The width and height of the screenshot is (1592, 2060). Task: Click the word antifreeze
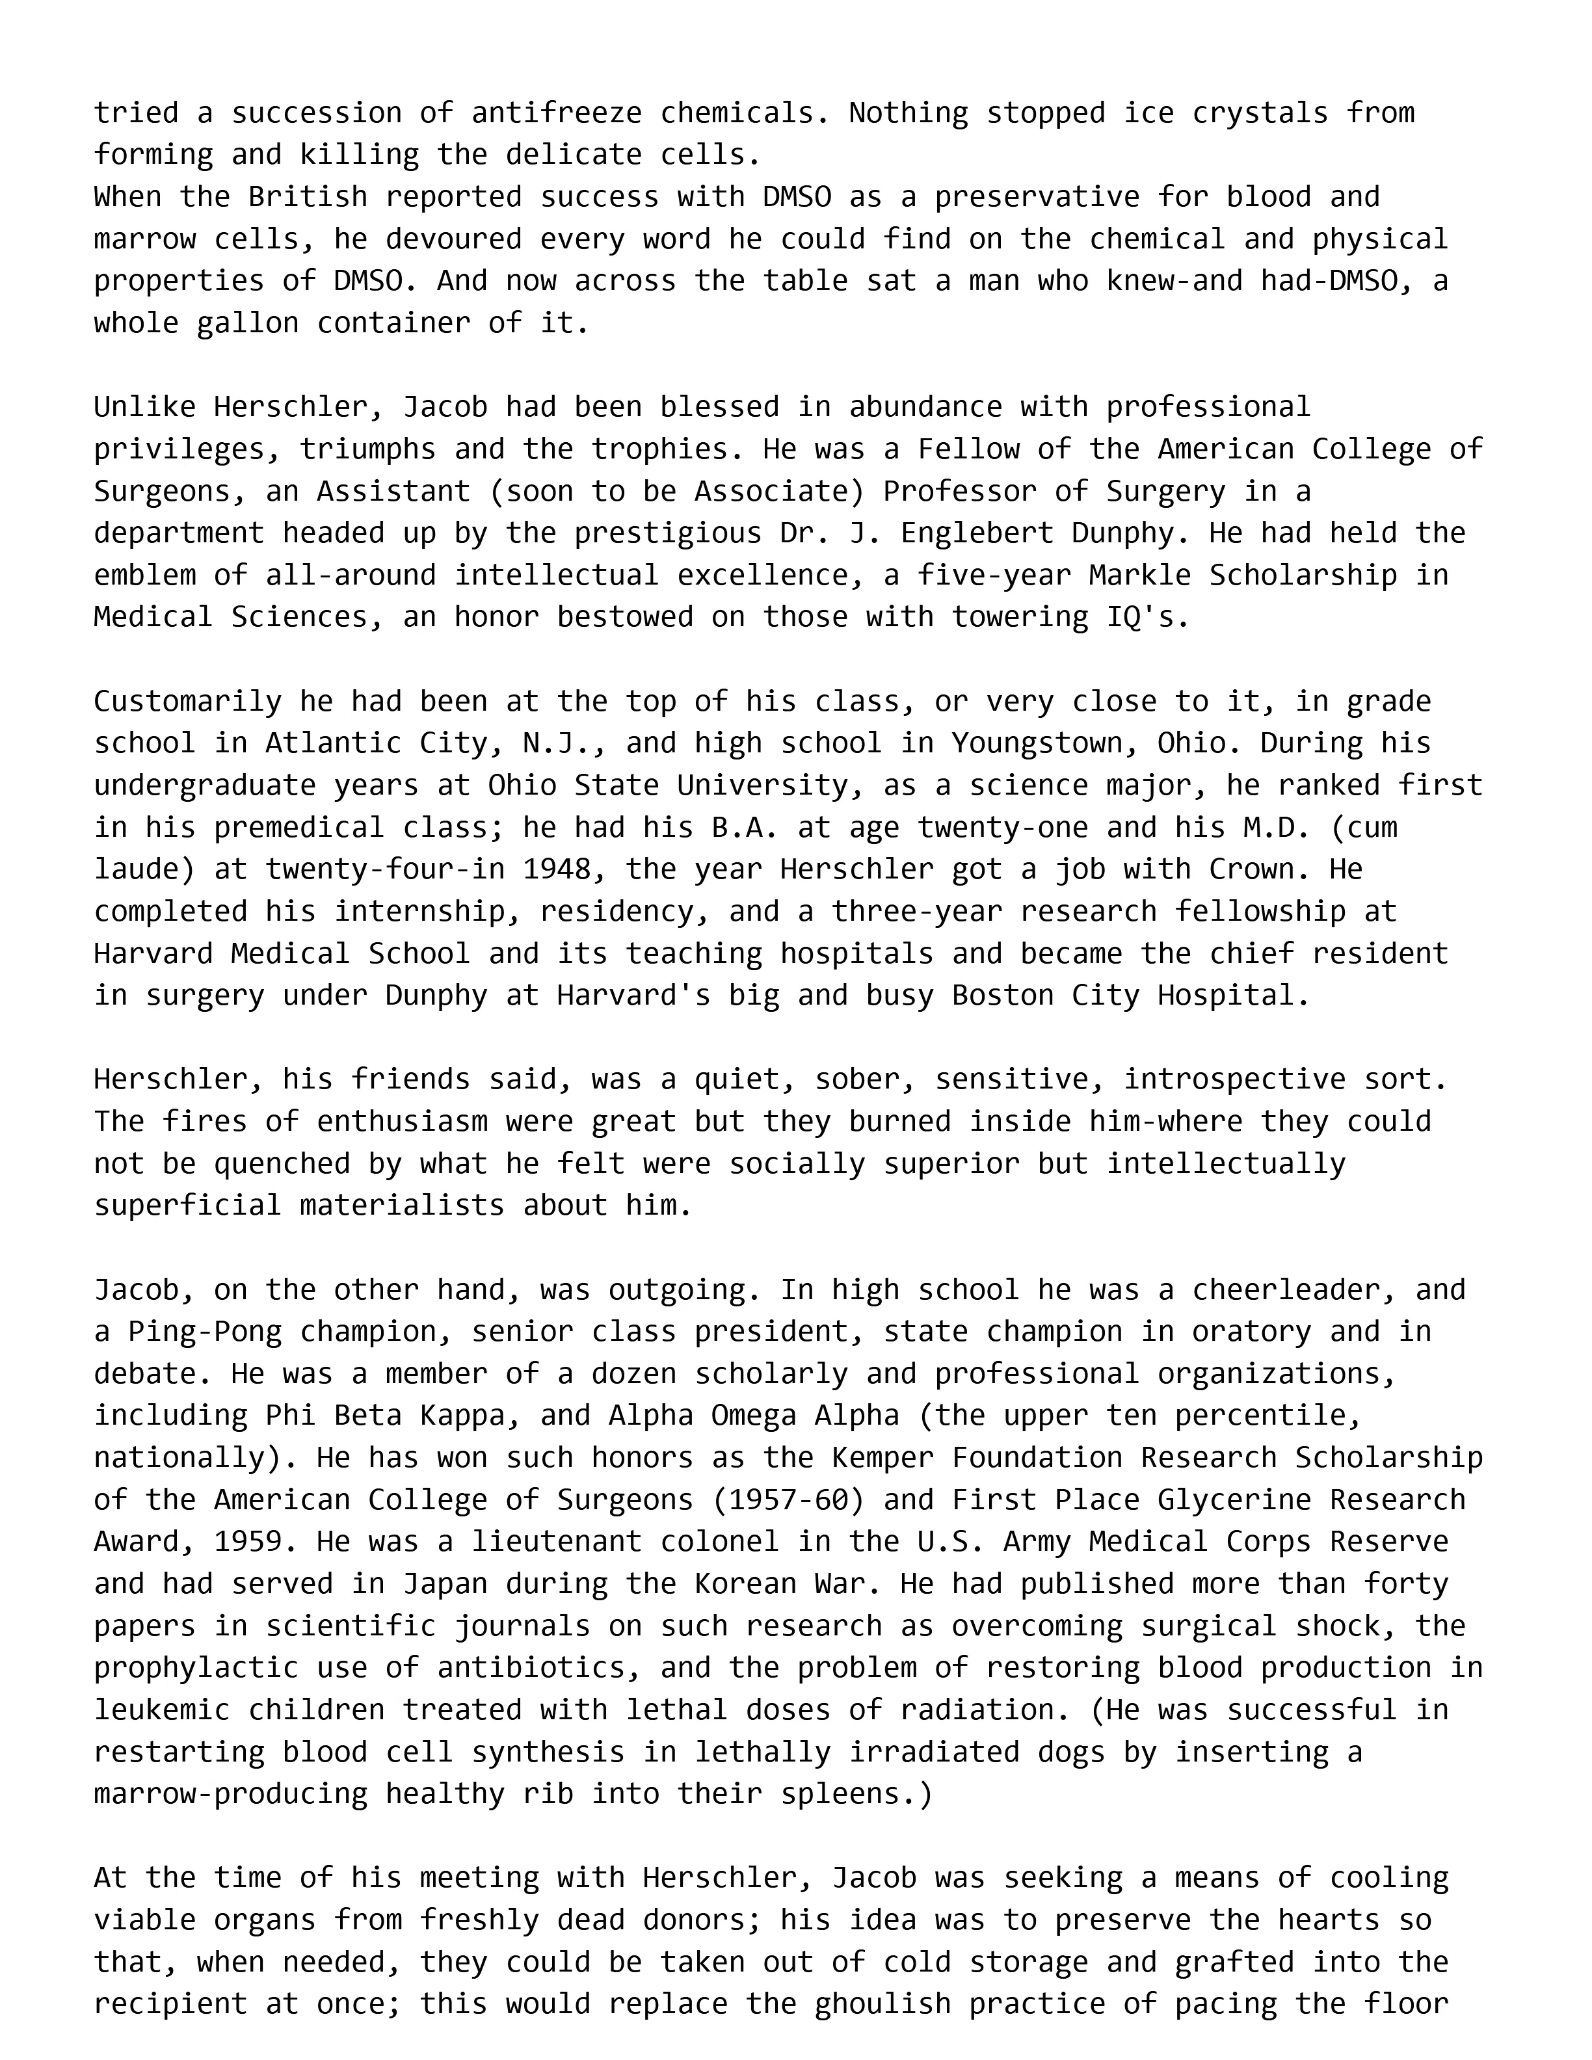(x=557, y=113)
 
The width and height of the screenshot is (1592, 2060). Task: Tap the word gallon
(x=247, y=324)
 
